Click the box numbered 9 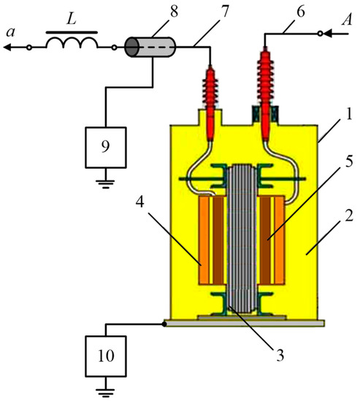[x=106, y=148]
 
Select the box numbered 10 [x=106, y=356]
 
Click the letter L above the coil [x=72, y=19]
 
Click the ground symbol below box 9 [x=105, y=184]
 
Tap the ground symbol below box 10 [x=105, y=392]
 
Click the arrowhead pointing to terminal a [x=7, y=48]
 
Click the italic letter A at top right [x=346, y=20]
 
